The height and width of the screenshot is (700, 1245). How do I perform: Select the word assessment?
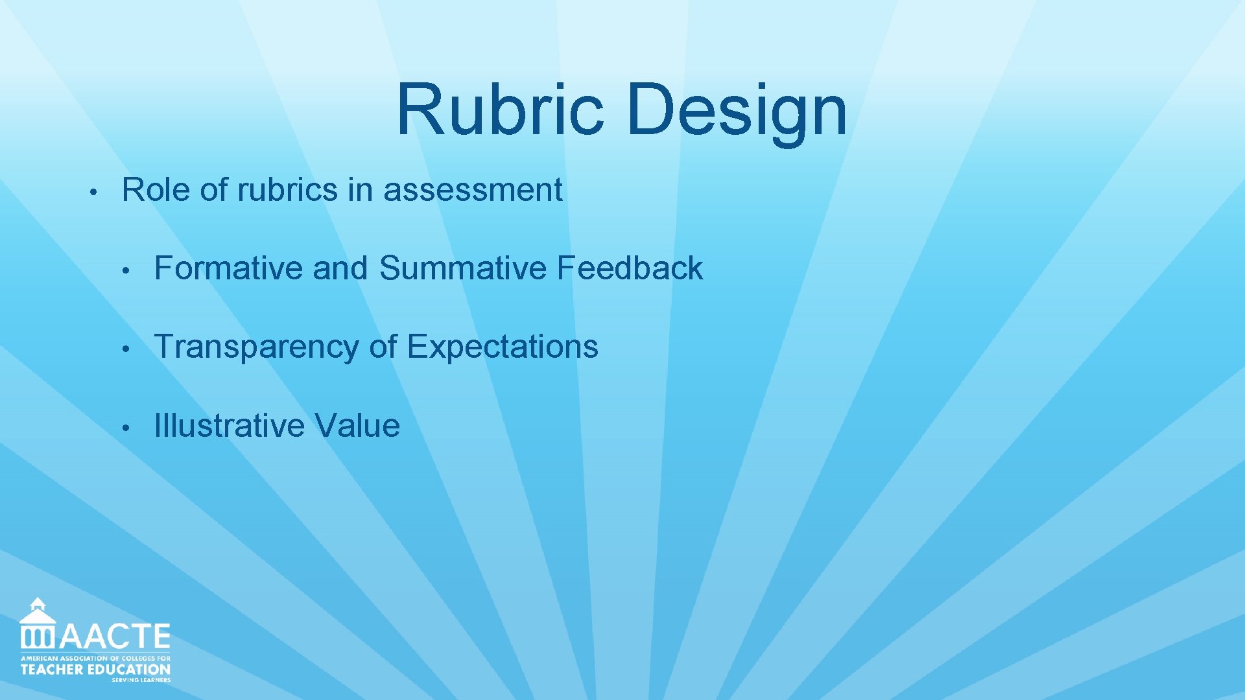tap(473, 190)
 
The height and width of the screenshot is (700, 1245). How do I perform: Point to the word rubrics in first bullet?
tap(287, 190)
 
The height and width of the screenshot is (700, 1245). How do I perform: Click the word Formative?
tap(228, 268)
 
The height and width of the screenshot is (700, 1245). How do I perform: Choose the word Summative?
tap(463, 268)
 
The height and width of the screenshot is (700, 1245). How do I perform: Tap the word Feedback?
tap(630, 268)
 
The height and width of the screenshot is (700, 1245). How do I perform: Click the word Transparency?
tap(256, 347)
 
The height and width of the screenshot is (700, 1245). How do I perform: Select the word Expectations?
tap(503, 347)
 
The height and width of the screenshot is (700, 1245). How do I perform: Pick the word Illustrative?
tap(229, 426)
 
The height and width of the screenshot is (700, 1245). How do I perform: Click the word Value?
tap(357, 426)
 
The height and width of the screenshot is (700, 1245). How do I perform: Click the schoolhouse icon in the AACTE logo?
tap(38, 624)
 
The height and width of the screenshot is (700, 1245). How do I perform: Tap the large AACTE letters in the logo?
tap(115, 636)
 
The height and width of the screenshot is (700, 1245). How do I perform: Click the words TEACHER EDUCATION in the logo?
tap(95, 670)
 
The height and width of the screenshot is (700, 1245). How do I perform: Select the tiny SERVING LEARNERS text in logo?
tap(141, 680)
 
